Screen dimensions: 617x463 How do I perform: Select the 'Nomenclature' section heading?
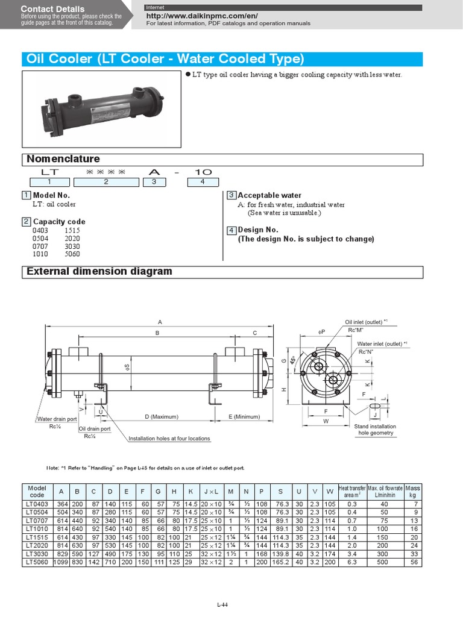(63, 159)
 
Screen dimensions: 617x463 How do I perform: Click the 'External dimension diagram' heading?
(99, 271)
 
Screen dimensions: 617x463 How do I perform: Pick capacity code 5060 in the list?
(72, 254)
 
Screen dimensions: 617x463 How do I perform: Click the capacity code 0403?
(41, 230)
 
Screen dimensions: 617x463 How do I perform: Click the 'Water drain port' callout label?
(57, 419)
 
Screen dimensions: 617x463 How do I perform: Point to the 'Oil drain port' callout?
(95, 429)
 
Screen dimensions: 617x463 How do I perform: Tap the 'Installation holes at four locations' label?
(169, 439)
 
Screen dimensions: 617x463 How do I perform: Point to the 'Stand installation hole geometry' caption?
(376, 429)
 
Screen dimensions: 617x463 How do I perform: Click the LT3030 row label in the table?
(37, 554)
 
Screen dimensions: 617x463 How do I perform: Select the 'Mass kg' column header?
(413, 491)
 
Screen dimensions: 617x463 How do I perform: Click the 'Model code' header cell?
(37, 491)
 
